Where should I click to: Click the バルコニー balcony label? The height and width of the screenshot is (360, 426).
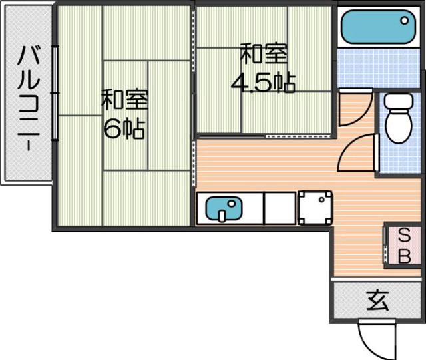[x=28, y=96]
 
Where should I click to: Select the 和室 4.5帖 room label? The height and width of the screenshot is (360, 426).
[x=263, y=68]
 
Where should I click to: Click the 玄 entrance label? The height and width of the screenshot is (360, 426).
[x=377, y=301]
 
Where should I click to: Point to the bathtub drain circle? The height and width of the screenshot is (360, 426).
[x=405, y=21]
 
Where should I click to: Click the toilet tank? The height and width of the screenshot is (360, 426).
[x=400, y=102]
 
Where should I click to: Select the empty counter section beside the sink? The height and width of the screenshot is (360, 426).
[x=280, y=208]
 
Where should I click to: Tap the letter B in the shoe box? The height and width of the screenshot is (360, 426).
[x=403, y=256]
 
